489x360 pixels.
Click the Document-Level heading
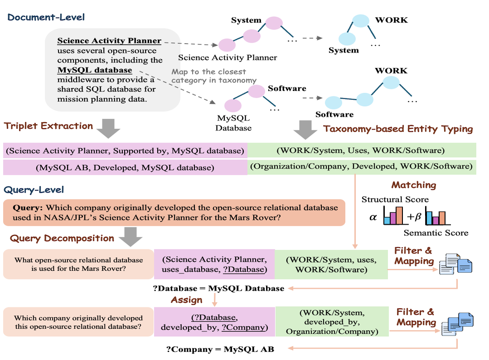coord(46,18)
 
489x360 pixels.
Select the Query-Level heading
coord(34,190)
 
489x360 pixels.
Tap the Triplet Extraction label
coord(48,126)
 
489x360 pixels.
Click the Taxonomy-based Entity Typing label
coord(398,129)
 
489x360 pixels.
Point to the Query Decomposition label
coord(62,238)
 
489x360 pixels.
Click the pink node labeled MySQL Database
coord(233,106)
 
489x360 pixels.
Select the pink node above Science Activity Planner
coord(227,45)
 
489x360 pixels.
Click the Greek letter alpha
coord(373,217)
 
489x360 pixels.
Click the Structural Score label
coord(395,199)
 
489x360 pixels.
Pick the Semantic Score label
coord(436,233)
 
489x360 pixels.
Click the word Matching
coord(414,185)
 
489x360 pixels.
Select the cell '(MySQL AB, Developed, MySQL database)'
coord(125,168)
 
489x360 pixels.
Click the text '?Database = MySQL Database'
coord(219,288)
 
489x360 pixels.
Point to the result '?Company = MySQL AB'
coord(220,349)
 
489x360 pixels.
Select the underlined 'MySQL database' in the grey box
coord(95,70)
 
